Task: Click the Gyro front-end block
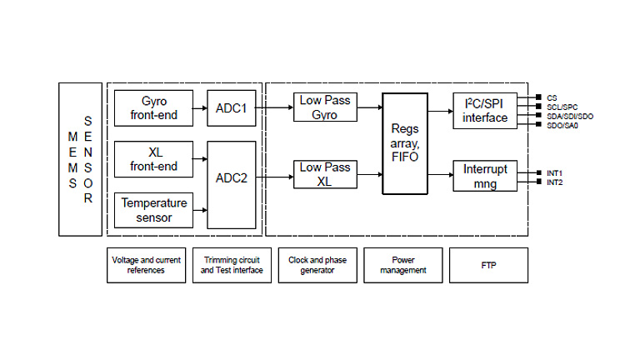pyautogui.click(x=153, y=109)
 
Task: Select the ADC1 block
pyautogui.click(x=231, y=109)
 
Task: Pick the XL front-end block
pyautogui.click(x=153, y=159)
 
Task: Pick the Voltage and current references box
pyautogui.click(x=147, y=264)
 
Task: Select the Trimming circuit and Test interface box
pyautogui.click(x=232, y=264)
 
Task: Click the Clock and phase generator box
pyautogui.click(x=317, y=264)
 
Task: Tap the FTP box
pyautogui.click(x=487, y=264)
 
